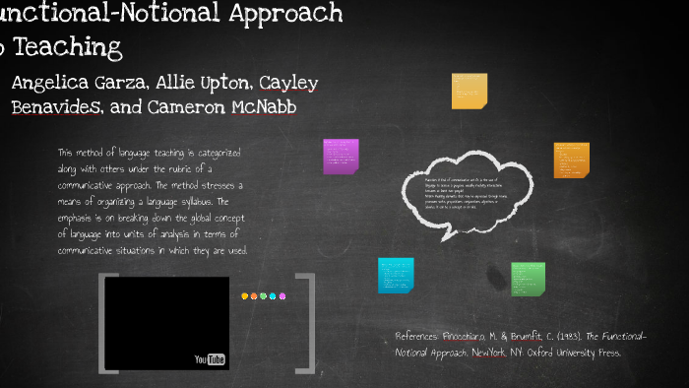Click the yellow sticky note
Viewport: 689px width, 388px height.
pyautogui.click(x=469, y=91)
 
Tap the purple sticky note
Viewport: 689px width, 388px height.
pyautogui.click(x=341, y=156)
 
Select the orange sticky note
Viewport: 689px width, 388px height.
pyautogui.click(x=571, y=159)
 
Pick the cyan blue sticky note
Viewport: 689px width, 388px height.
pyautogui.click(x=396, y=275)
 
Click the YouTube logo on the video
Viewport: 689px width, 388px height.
pyautogui.click(x=211, y=359)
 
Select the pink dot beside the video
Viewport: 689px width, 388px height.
pyautogui.click(x=282, y=295)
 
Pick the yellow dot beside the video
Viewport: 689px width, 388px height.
pyautogui.click(x=245, y=295)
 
